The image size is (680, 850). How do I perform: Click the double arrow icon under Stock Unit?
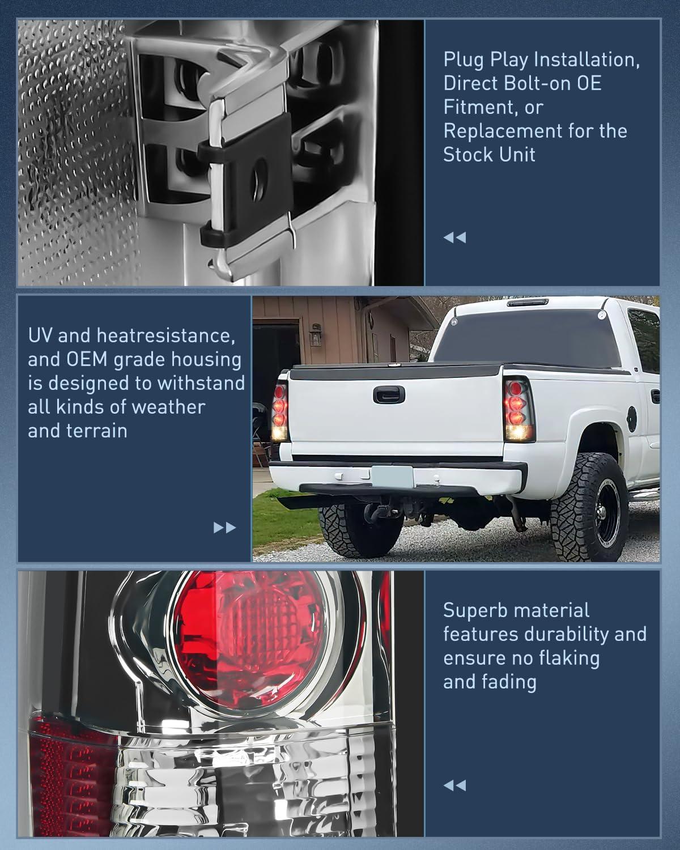click(x=454, y=237)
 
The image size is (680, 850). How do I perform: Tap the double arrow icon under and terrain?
click(x=224, y=528)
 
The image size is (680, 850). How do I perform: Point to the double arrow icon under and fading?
click(x=454, y=785)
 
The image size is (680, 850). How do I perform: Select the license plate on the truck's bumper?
click(x=391, y=475)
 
